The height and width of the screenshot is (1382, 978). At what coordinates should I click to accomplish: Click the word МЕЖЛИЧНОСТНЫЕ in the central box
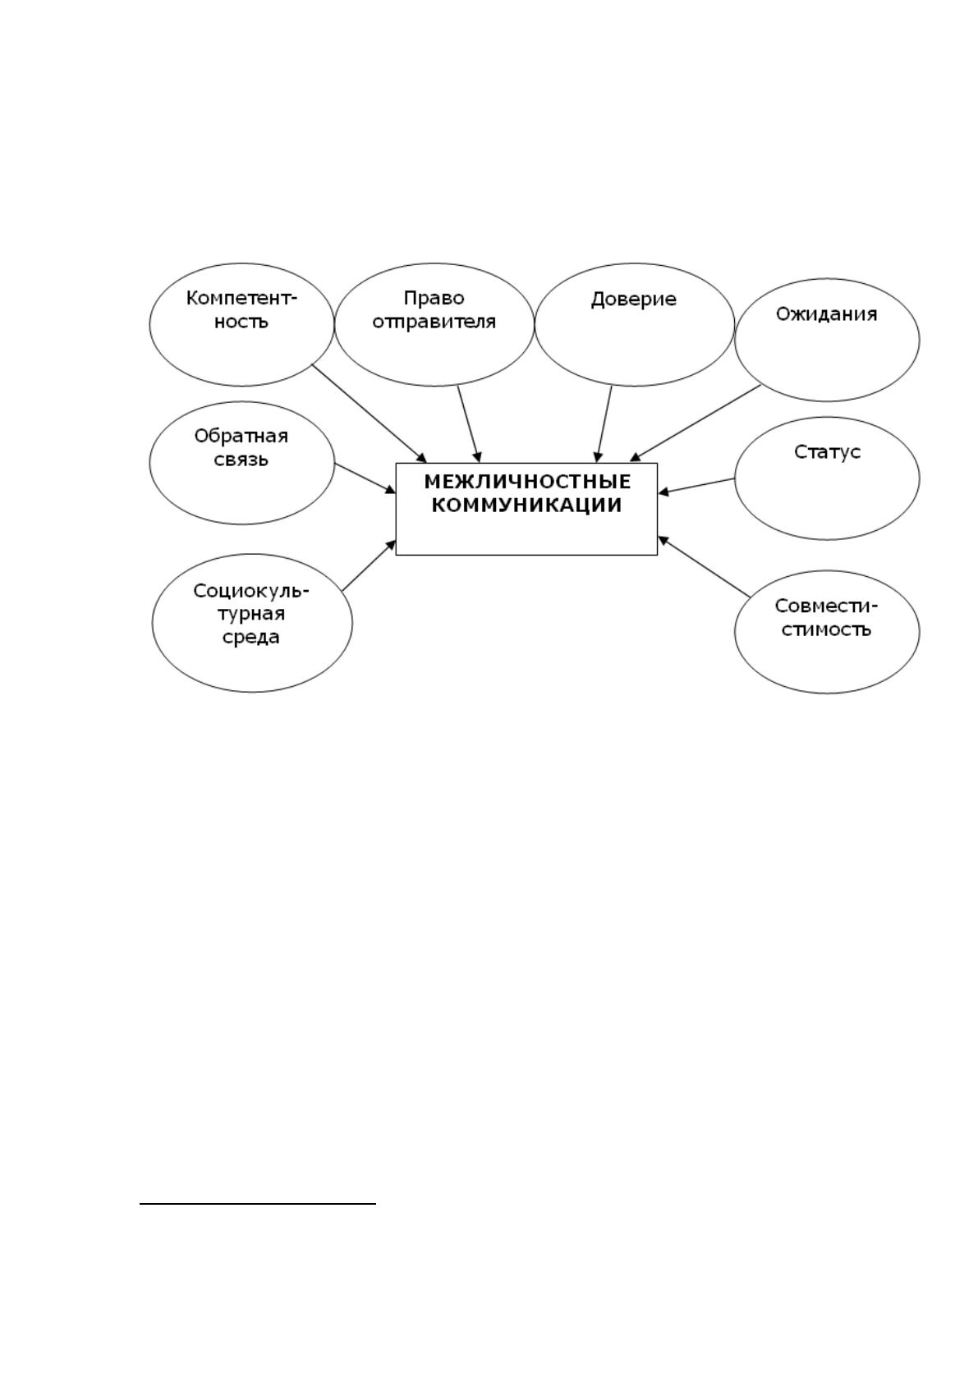pyautogui.click(x=527, y=481)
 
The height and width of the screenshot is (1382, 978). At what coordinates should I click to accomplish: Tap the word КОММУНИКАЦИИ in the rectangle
pyautogui.click(x=526, y=506)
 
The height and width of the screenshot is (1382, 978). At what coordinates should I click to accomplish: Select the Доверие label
pyautogui.click(x=633, y=300)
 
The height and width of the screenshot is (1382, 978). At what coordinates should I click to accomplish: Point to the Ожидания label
pyautogui.click(x=826, y=314)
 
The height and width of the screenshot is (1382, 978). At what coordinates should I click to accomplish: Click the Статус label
pyautogui.click(x=827, y=452)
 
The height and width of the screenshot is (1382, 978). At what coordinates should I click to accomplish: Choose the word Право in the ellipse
pyautogui.click(x=434, y=299)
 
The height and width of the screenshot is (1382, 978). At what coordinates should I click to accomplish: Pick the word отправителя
pyautogui.click(x=434, y=322)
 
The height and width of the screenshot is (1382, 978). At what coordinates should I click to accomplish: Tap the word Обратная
pyautogui.click(x=241, y=437)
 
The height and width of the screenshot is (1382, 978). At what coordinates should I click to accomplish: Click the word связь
pyautogui.click(x=241, y=460)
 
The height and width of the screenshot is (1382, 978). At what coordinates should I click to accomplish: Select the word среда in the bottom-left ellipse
pyautogui.click(x=251, y=638)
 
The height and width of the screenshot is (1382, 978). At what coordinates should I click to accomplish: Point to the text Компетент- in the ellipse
pyautogui.click(x=241, y=299)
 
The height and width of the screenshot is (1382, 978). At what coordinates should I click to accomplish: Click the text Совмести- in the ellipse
pyautogui.click(x=825, y=606)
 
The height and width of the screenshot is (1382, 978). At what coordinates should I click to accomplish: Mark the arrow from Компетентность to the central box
pyautogui.click(x=370, y=414)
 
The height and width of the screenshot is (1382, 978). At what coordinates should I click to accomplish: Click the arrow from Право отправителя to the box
pyautogui.click(x=469, y=423)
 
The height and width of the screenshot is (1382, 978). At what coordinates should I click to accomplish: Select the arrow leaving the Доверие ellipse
pyautogui.click(x=604, y=423)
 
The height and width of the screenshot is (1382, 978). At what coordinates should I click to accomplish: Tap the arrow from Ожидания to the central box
pyautogui.click(x=695, y=423)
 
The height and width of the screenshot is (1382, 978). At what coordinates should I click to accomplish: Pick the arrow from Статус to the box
pyautogui.click(x=696, y=486)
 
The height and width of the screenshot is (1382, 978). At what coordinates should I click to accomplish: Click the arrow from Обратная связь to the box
pyautogui.click(x=365, y=478)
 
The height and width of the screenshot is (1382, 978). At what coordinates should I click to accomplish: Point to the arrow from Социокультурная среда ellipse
pyautogui.click(x=370, y=565)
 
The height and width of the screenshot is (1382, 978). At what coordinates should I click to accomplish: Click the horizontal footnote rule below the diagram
pyautogui.click(x=258, y=1203)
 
